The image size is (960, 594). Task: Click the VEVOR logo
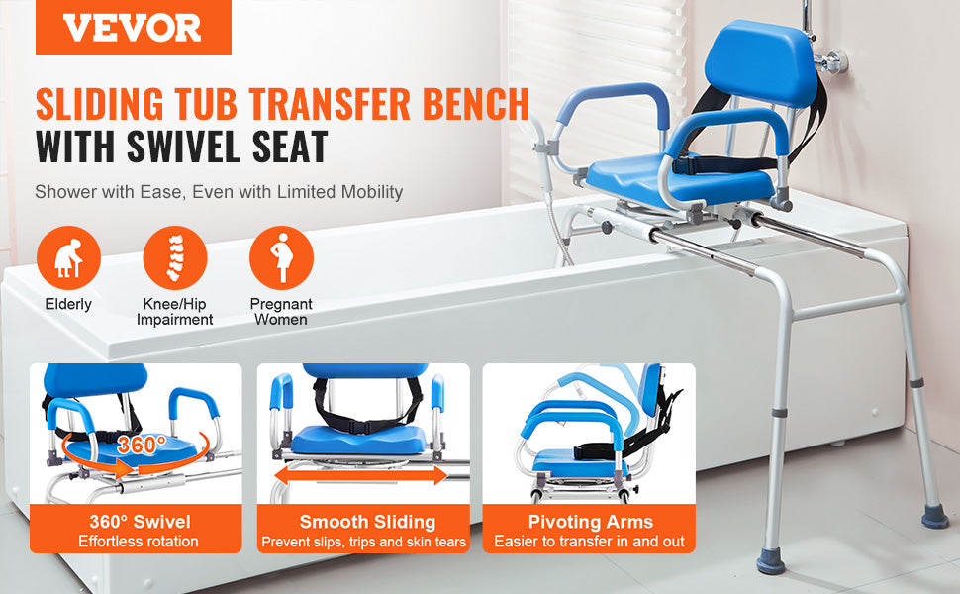(x=133, y=28)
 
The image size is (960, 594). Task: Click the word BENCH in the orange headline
(x=476, y=104)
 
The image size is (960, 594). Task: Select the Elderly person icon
(x=68, y=257)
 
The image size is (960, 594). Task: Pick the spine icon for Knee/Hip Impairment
(x=175, y=257)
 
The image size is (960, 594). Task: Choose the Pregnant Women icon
(x=282, y=257)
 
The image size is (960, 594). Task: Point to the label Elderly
(x=68, y=304)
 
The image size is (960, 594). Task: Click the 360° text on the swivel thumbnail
(x=142, y=444)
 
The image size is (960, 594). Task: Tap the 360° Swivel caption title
(x=140, y=522)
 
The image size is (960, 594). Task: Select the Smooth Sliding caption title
(x=367, y=522)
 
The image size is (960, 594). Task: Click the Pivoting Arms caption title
(x=590, y=522)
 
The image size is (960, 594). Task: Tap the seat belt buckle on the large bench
(x=684, y=165)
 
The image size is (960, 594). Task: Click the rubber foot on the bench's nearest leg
(x=770, y=559)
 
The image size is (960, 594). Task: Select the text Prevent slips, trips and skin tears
(x=363, y=542)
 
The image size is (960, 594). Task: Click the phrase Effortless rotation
(x=139, y=542)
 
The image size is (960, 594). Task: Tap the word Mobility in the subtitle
(x=372, y=192)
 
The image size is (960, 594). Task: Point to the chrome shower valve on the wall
(x=830, y=61)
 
